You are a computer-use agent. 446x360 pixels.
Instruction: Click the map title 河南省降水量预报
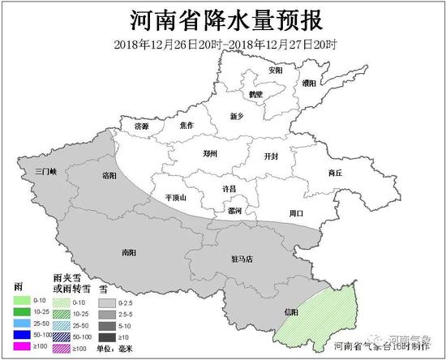[x=224, y=19]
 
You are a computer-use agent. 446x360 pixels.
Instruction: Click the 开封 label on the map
[x=272, y=156]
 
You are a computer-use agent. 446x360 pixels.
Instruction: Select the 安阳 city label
[x=276, y=71]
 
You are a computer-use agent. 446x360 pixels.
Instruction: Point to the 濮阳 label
[x=309, y=84]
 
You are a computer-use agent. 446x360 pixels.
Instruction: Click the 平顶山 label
[x=175, y=197]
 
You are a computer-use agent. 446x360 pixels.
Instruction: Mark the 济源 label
[x=142, y=126]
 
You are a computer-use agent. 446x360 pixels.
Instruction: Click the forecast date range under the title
[x=224, y=43]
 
